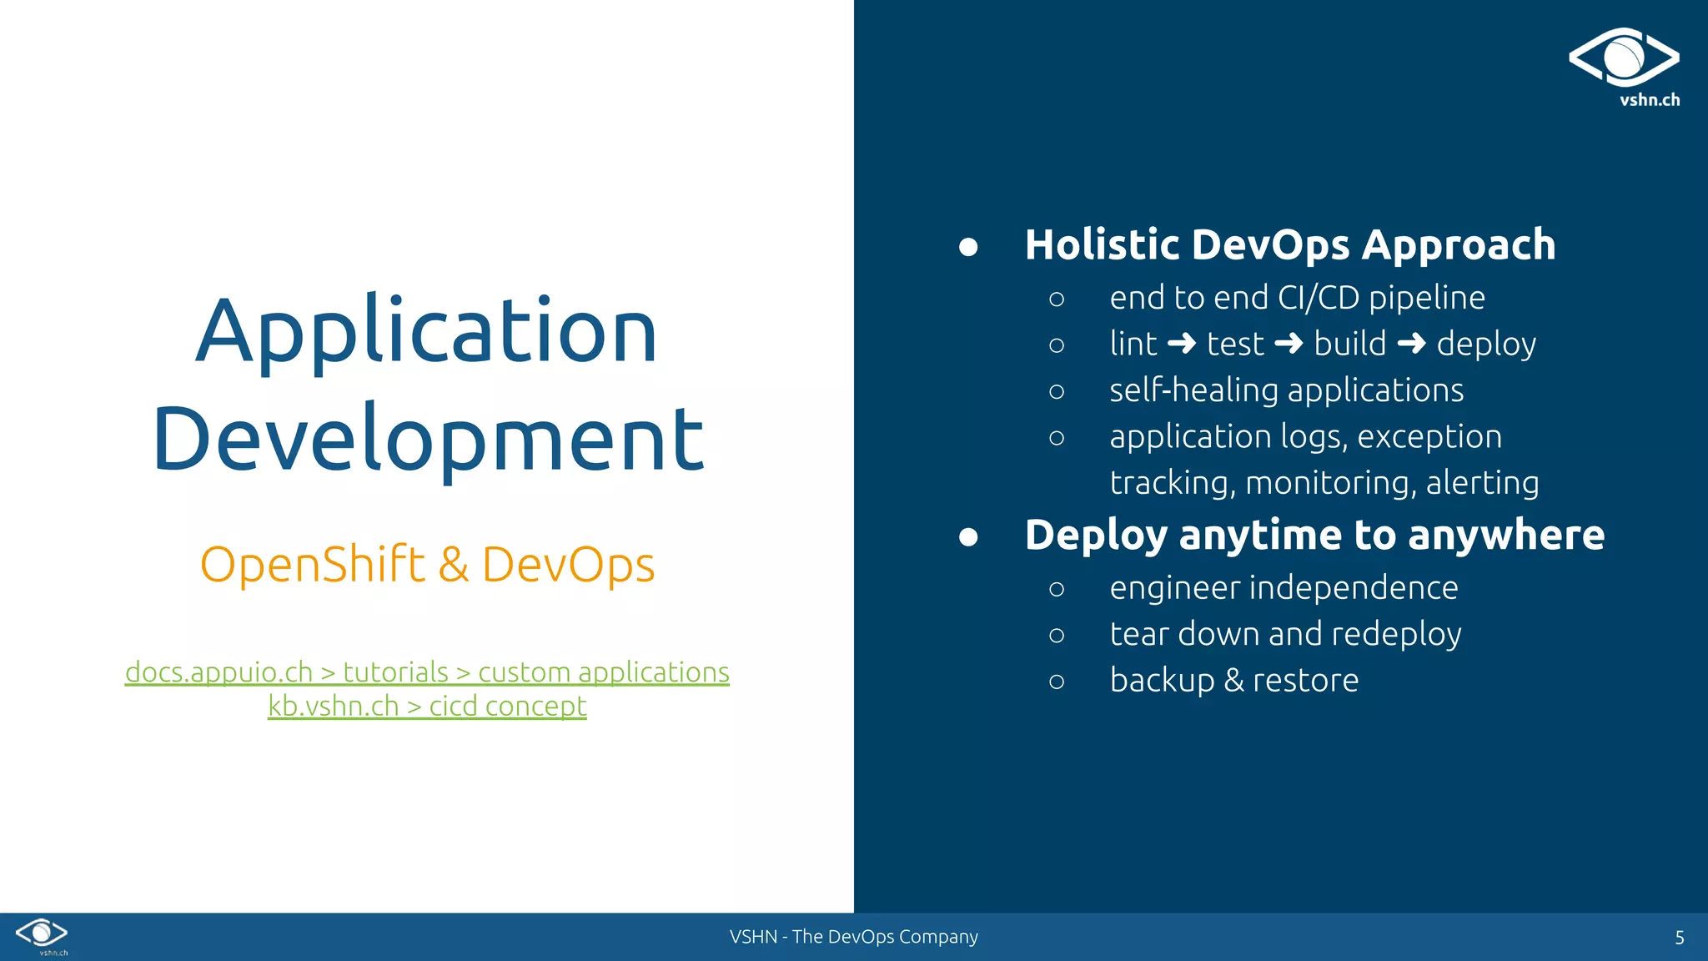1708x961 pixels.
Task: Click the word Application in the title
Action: coord(426,332)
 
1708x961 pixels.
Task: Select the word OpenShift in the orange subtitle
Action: coord(313,565)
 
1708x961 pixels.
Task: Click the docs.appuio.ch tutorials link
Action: coord(427,672)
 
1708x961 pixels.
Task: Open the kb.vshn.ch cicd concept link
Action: coord(427,707)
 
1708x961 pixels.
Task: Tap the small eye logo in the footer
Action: coord(42,933)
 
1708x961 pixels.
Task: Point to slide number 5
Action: coord(1680,938)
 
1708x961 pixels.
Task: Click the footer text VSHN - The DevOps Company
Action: coord(853,937)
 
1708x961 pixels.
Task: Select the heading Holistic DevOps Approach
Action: coord(1289,245)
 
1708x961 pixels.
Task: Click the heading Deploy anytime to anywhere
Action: coord(1314,535)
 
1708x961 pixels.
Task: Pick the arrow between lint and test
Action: coord(1182,344)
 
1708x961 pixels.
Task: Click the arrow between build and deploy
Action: coord(1411,344)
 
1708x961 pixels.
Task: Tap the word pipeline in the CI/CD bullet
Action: coord(1426,299)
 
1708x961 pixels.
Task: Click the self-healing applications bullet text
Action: coord(1286,390)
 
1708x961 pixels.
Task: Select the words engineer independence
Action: coord(1284,588)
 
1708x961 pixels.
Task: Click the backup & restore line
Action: coord(1233,681)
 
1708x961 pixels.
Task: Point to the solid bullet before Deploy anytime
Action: coord(968,536)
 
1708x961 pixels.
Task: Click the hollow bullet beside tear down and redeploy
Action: coord(1057,636)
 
